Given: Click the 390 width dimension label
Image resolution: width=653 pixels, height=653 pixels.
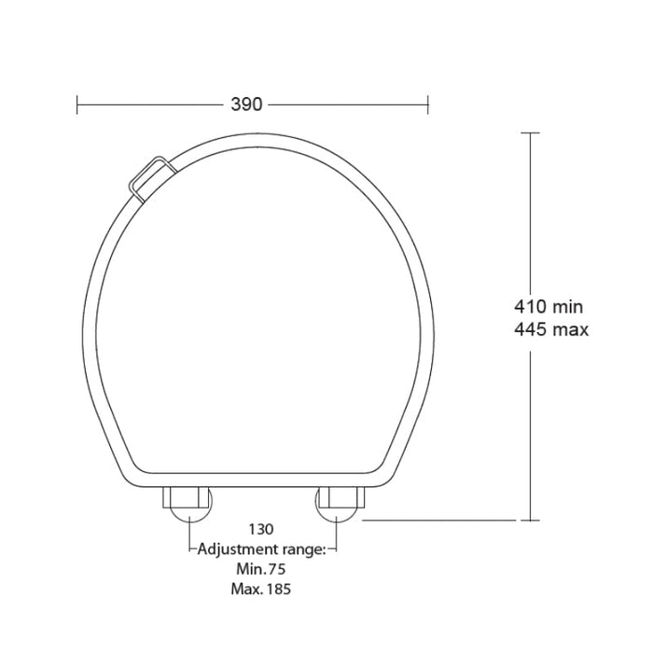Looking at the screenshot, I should (x=246, y=104).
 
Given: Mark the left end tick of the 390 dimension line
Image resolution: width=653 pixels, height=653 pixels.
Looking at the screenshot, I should (x=77, y=104).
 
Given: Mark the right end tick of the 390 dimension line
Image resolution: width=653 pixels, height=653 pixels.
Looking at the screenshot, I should (x=428, y=104).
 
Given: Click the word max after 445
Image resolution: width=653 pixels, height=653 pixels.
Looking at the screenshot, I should (x=573, y=329).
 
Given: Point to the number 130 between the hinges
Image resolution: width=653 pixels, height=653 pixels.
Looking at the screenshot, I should (x=261, y=530).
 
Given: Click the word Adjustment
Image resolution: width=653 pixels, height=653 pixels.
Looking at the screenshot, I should (x=242, y=549).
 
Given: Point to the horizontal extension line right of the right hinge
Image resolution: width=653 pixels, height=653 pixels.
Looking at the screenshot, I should (x=438, y=521).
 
